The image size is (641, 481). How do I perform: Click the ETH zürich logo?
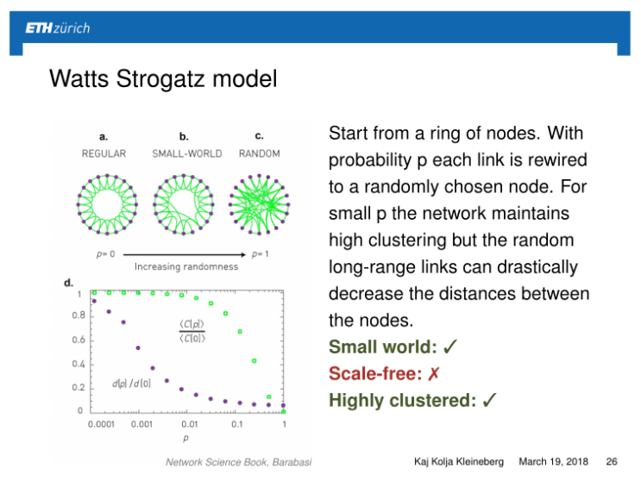point(57,28)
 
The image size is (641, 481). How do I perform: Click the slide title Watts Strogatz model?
point(163,80)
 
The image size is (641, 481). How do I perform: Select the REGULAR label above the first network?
point(104,153)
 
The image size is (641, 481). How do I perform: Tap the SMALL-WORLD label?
point(186,153)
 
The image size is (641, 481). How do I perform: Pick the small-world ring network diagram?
point(183,204)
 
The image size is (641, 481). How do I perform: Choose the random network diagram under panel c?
point(259,204)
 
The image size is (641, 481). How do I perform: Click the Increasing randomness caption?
point(185,266)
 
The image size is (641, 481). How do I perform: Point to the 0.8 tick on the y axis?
point(79,315)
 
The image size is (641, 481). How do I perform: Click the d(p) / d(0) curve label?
point(131,382)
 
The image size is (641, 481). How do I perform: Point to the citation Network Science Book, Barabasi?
point(238,462)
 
